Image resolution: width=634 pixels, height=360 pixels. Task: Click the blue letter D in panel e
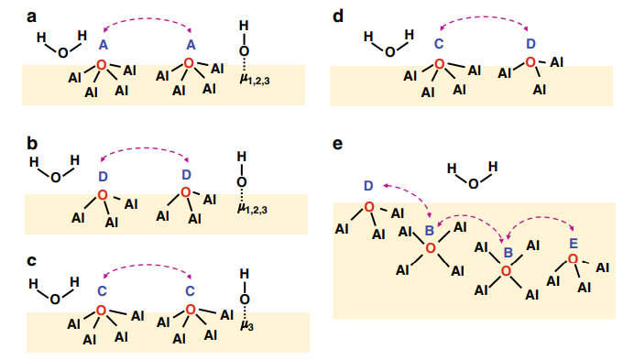pos(368,187)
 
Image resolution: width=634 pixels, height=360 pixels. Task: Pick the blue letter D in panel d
pos(530,43)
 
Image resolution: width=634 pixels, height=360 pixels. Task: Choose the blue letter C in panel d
pos(438,43)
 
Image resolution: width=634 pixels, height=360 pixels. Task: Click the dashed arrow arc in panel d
pos(485,18)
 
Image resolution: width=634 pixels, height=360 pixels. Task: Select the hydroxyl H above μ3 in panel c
pos(244,273)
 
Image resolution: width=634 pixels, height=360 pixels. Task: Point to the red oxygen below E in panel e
pos(573,259)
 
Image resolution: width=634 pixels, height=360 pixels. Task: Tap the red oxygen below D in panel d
pos(530,62)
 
